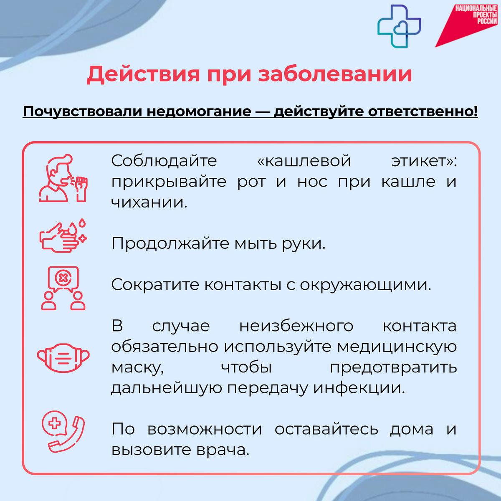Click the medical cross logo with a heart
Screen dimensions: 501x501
400,26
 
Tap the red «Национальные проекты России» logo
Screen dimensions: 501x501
466,25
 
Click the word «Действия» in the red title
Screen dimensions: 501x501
143,75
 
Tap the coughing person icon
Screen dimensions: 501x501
63,178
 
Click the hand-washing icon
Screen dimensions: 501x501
63,236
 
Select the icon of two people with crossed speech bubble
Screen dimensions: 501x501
63,288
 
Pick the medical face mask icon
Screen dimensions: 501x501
63,358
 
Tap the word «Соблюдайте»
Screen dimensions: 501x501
164,161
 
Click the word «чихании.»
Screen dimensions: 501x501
149,202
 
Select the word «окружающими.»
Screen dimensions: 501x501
366,285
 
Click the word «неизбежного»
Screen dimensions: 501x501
296,326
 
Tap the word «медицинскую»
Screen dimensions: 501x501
397,347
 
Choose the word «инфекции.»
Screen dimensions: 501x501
359,388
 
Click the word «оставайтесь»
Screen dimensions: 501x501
326,429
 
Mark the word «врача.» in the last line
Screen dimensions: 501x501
223,450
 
